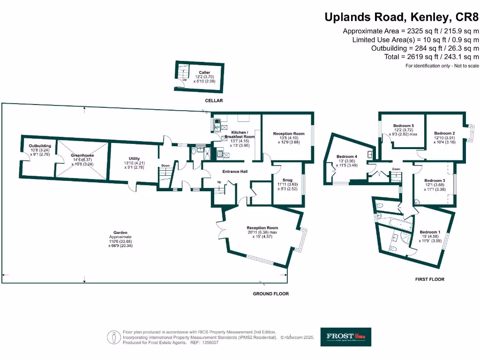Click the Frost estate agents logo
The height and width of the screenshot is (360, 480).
345,337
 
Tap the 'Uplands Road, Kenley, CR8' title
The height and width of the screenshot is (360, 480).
402,18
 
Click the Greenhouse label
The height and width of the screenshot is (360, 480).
82,155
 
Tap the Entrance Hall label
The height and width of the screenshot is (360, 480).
235,171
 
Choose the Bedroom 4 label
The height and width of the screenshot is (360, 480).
347,157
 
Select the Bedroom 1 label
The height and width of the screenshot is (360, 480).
430,232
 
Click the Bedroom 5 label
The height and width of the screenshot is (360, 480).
403,126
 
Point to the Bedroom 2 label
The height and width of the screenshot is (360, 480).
444,133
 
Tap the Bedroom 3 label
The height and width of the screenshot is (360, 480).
434,180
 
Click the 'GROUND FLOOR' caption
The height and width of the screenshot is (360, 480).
271,294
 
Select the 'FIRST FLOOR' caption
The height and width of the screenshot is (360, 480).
430,279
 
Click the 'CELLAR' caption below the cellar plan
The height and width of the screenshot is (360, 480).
213,101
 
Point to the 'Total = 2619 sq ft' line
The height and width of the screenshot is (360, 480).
431,56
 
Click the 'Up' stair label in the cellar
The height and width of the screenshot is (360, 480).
184,80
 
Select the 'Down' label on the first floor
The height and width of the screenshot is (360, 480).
396,169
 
